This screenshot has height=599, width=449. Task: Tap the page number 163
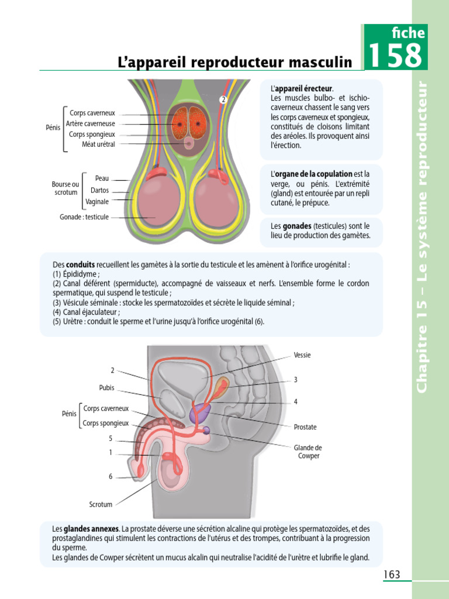pyautogui.click(x=392, y=574)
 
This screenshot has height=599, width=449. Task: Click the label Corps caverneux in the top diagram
pyautogui.click(x=92, y=113)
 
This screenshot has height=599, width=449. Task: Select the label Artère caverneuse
pyautogui.click(x=91, y=123)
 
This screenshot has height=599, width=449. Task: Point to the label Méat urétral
pyautogui.click(x=98, y=144)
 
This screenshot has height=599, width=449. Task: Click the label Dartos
pyautogui.click(x=99, y=190)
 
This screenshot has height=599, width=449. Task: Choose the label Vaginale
pyautogui.click(x=97, y=202)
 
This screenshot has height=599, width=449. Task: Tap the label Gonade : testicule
pyautogui.click(x=84, y=217)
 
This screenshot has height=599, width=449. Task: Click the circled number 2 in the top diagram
pyautogui.click(x=223, y=99)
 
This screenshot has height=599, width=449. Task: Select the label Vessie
pyautogui.click(x=302, y=355)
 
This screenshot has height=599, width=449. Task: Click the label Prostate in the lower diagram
pyautogui.click(x=305, y=427)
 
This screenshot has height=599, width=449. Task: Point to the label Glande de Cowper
pyautogui.click(x=308, y=452)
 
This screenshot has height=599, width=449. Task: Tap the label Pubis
pyautogui.click(x=107, y=387)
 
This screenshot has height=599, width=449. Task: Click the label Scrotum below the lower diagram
pyautogui.click(x=101, y=504)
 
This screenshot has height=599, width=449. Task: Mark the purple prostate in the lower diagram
pyautogui.click(x=197, y=411)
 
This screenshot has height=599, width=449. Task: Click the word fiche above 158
pyautogui.click(x=409, y=33)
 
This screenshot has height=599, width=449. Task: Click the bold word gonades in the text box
pyautogui.click(x=297, y=226)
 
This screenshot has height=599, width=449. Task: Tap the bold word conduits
pyautogui.click(x=80, y=264)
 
